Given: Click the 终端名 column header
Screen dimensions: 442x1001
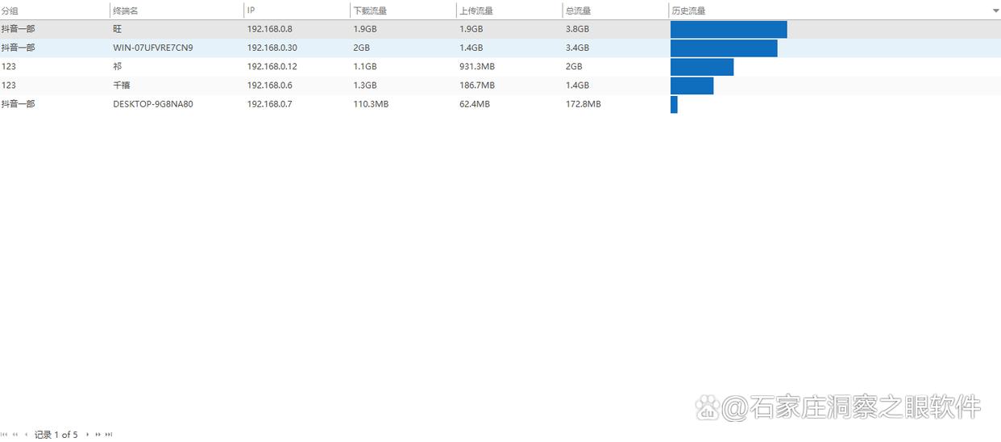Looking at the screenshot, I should tap(125, 10).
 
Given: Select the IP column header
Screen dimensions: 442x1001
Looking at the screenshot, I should tap(251, 10).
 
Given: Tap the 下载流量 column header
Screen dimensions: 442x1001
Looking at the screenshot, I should tap(370, 10).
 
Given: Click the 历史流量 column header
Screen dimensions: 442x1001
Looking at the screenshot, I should tap(689, 10).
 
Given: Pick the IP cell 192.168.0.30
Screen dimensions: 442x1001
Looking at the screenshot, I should tap(272, 48).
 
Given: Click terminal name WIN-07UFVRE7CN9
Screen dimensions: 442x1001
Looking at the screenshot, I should tap(152, 48).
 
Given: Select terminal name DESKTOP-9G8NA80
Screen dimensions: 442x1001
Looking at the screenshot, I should tap(152, 104).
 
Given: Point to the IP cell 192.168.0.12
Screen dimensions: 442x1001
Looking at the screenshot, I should tap(272, 66).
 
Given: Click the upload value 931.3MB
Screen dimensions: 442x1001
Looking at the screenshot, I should tap(476, 66).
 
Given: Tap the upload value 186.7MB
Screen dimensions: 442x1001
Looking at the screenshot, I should tap(476, 85).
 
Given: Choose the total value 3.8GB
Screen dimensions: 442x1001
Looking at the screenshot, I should tap(577, 29).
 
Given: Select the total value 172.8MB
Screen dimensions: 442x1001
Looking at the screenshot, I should tap(583, 104).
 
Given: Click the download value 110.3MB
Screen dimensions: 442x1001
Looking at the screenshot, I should tap(371, 104).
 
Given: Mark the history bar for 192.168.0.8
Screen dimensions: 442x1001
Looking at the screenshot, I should tap(728, 29).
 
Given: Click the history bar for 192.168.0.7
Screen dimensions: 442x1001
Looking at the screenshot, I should tap(674, 105).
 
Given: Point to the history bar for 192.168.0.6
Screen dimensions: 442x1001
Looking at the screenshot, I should tap(692, 85).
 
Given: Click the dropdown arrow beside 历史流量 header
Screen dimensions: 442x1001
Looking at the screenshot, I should tap(995, 11).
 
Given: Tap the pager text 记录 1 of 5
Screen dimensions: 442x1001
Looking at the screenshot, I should tap(56, 435).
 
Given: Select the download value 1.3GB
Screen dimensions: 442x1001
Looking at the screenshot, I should tap(364, 85).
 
